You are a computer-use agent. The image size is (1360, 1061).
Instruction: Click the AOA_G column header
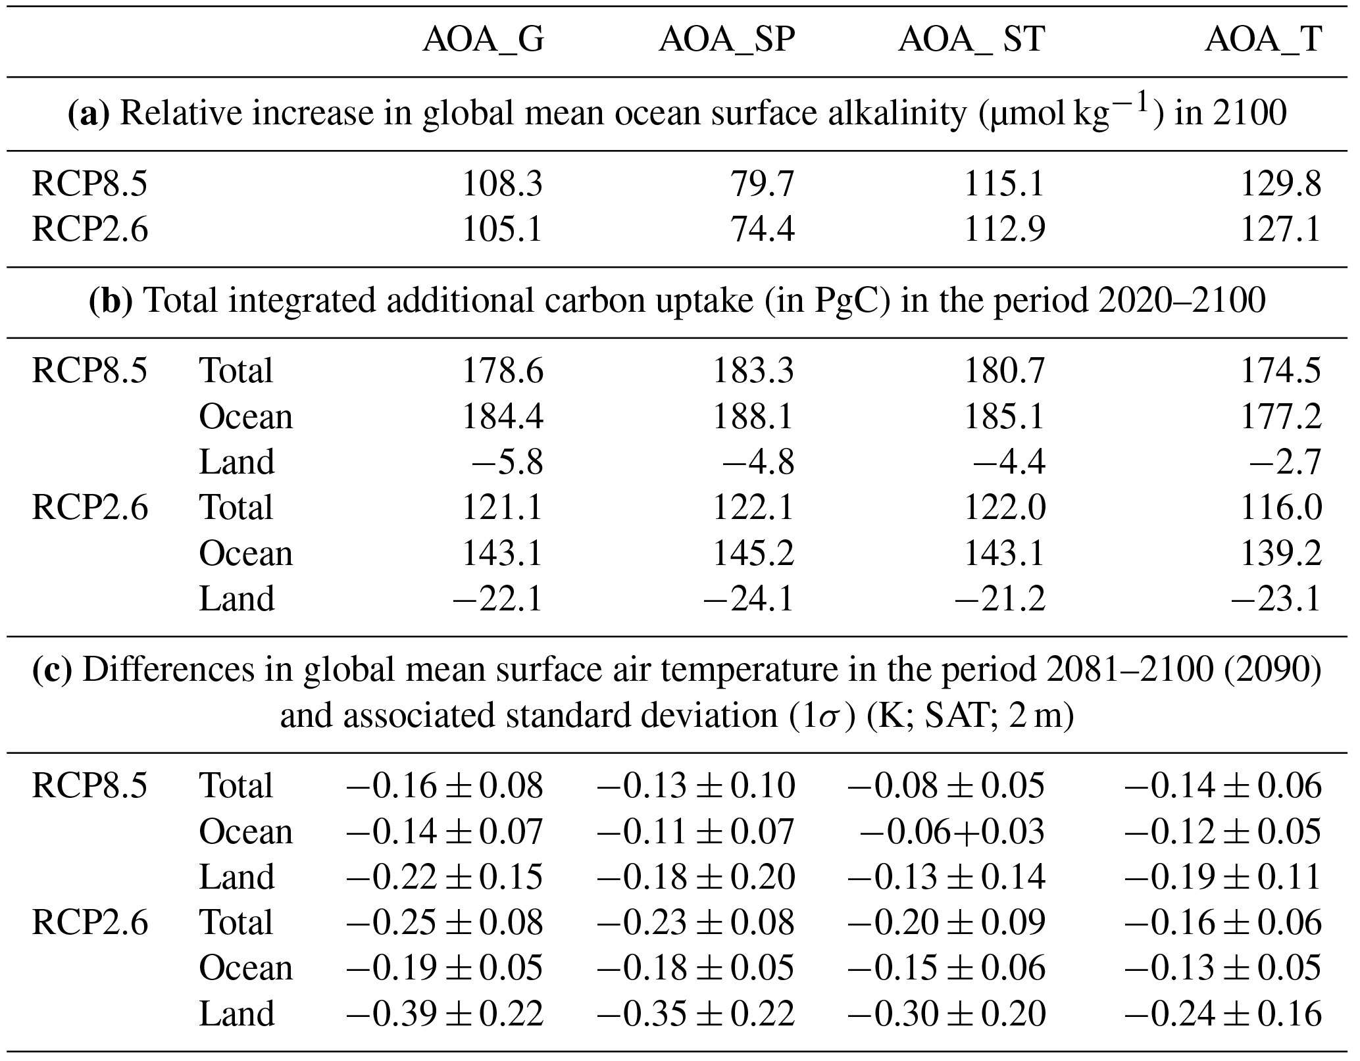tap(484, 40)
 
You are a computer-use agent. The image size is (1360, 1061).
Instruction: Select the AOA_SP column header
tap(726, 40)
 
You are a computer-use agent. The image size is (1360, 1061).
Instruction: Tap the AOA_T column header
tap(1263, 40)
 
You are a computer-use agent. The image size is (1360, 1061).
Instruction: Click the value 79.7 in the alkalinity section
tap(763, 184)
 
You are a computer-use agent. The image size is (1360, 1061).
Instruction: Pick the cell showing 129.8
tap(1280, 184)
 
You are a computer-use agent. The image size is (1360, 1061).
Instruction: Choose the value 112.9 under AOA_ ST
tap(1004, 230)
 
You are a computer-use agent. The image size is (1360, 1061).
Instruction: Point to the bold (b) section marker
tap(111, 301)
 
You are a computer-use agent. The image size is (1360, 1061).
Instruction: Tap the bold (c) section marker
tap(52, 670)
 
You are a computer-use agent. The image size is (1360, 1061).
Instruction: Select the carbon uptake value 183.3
tap(753, 370)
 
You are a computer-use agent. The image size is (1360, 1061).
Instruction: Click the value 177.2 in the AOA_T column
tap(1280, 416)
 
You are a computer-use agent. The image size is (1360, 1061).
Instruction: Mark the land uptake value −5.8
tap(507, 462)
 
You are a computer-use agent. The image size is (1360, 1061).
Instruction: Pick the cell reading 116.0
tap(1280, 508)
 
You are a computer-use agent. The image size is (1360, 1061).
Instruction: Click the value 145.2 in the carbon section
tap(753, 553)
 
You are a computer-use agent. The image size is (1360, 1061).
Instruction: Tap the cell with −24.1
tap(749, 599)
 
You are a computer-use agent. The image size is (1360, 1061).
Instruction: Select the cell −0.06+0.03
tap(951, 831)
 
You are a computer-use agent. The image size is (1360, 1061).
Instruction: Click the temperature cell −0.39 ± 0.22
tap(445, 1014)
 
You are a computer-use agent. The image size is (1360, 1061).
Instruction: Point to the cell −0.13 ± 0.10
tap(695, 786)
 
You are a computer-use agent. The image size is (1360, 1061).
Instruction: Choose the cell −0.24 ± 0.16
tap(1222, 1014)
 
